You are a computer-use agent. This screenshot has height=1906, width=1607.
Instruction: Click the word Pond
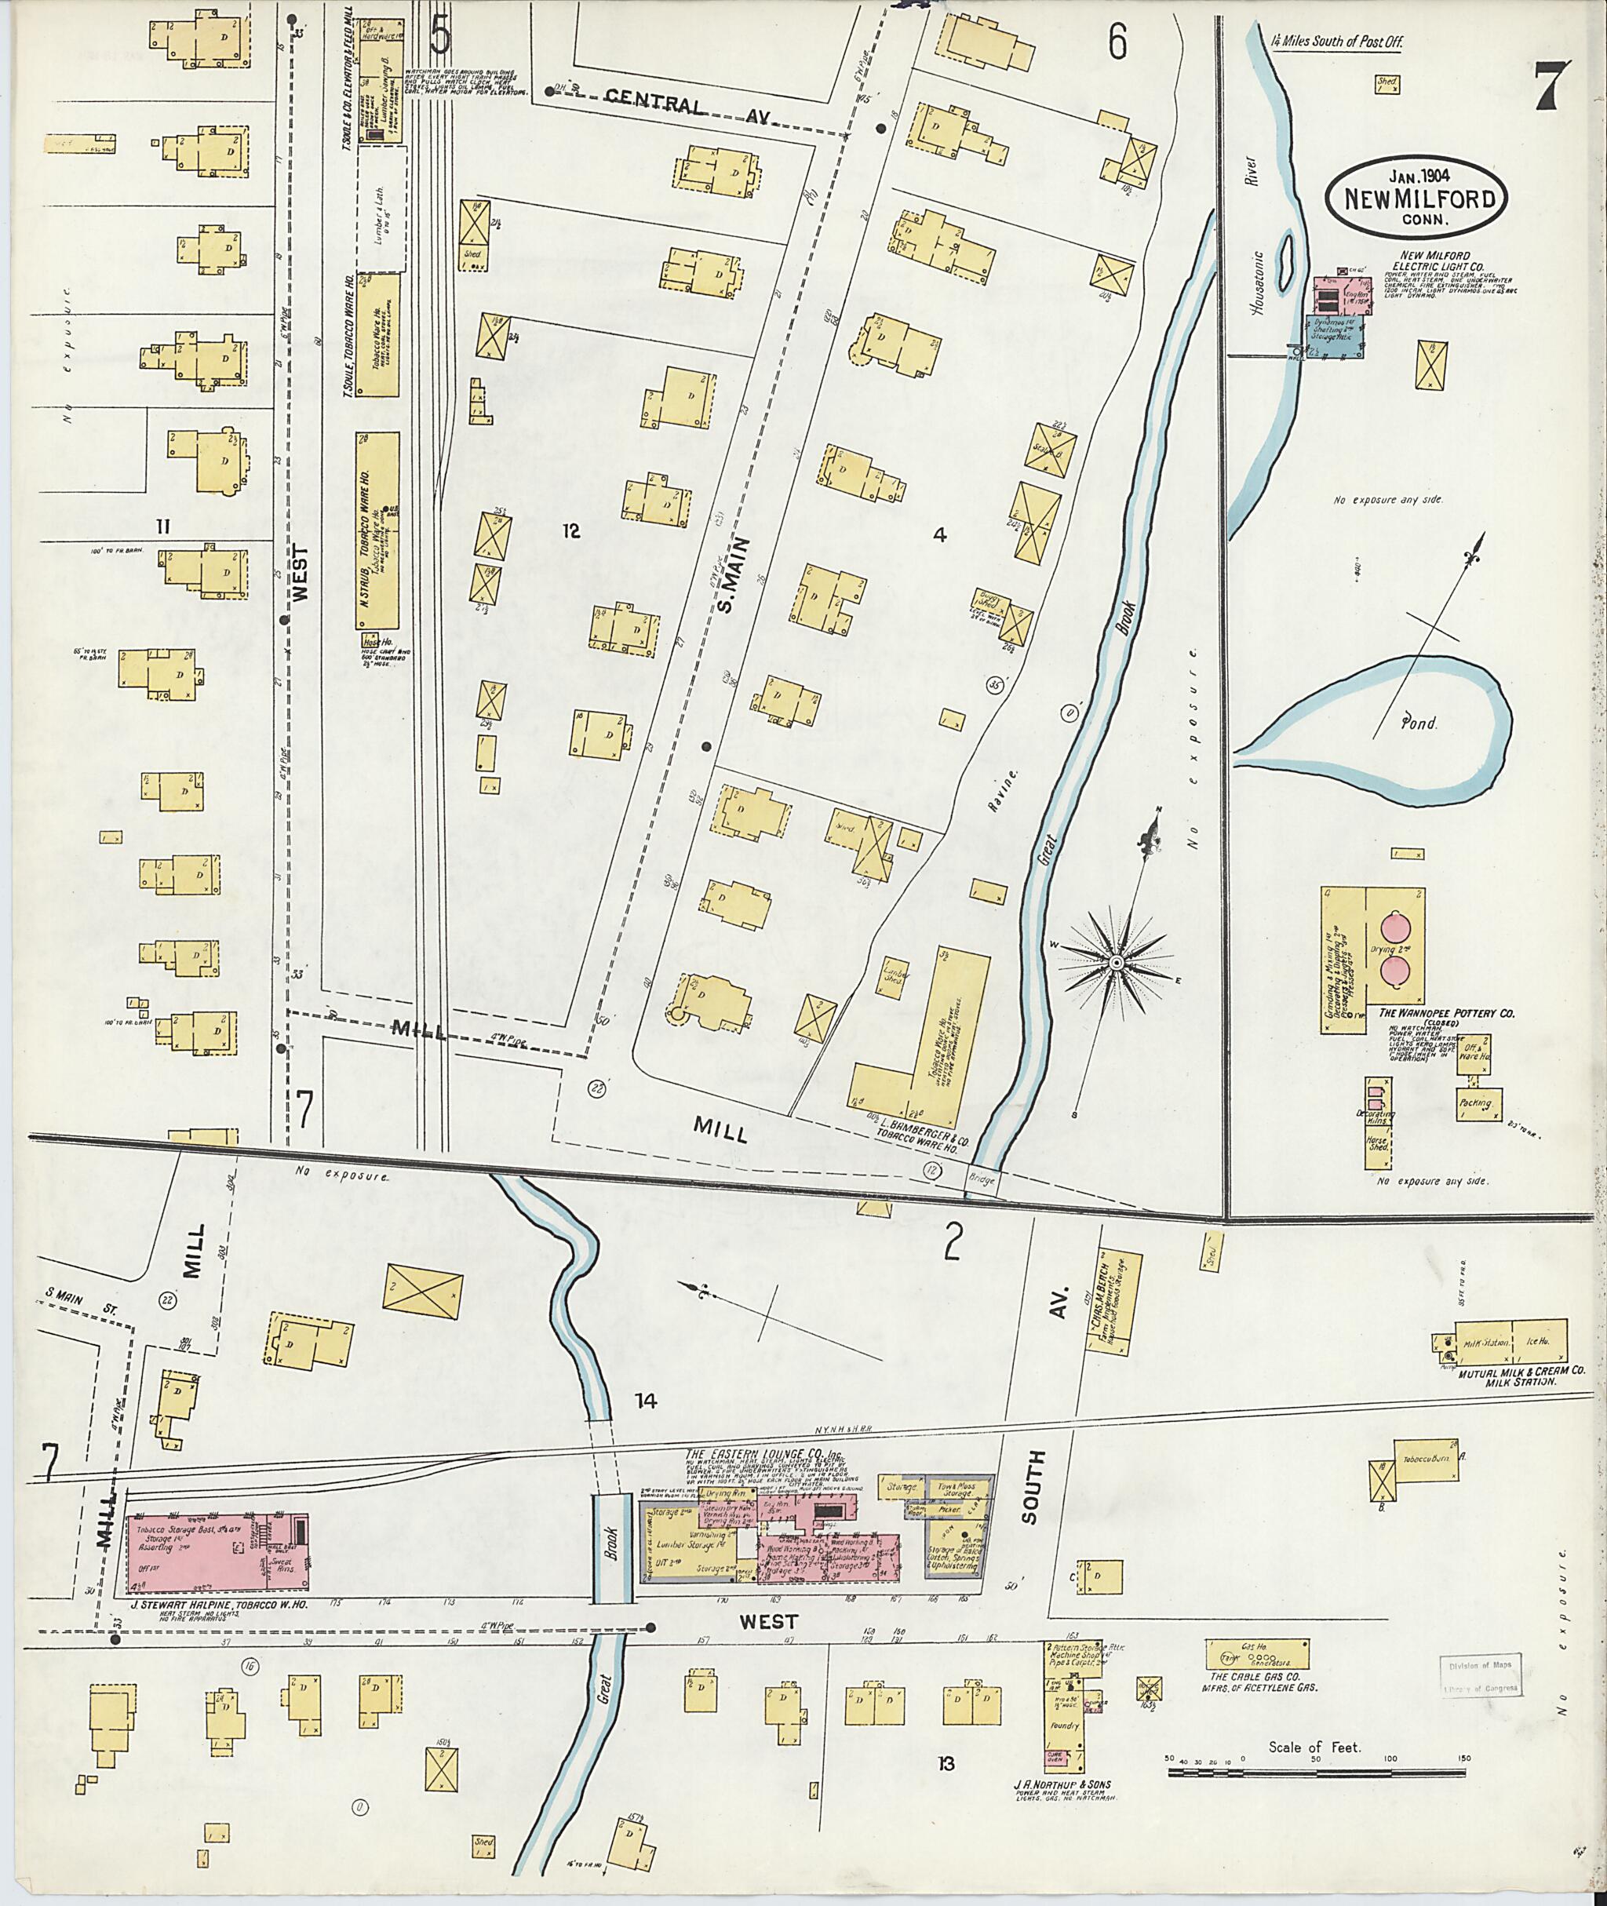point(1419,723)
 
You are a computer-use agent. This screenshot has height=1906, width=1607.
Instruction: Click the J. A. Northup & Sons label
point(1062,1784)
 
